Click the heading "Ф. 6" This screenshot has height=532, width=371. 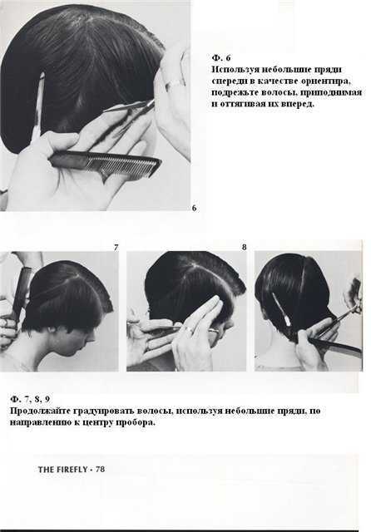click(221, 57)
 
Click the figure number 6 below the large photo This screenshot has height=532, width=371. click(194, 208)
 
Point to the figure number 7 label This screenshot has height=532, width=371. click(116, 248)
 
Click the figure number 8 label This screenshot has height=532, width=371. click(244, 248)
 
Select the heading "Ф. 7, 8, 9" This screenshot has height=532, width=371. click(30, 399)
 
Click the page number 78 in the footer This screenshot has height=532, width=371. click(101, 469)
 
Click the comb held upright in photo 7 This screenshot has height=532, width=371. click(20, 291)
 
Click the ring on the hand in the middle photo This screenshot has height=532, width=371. click(188, 328)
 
